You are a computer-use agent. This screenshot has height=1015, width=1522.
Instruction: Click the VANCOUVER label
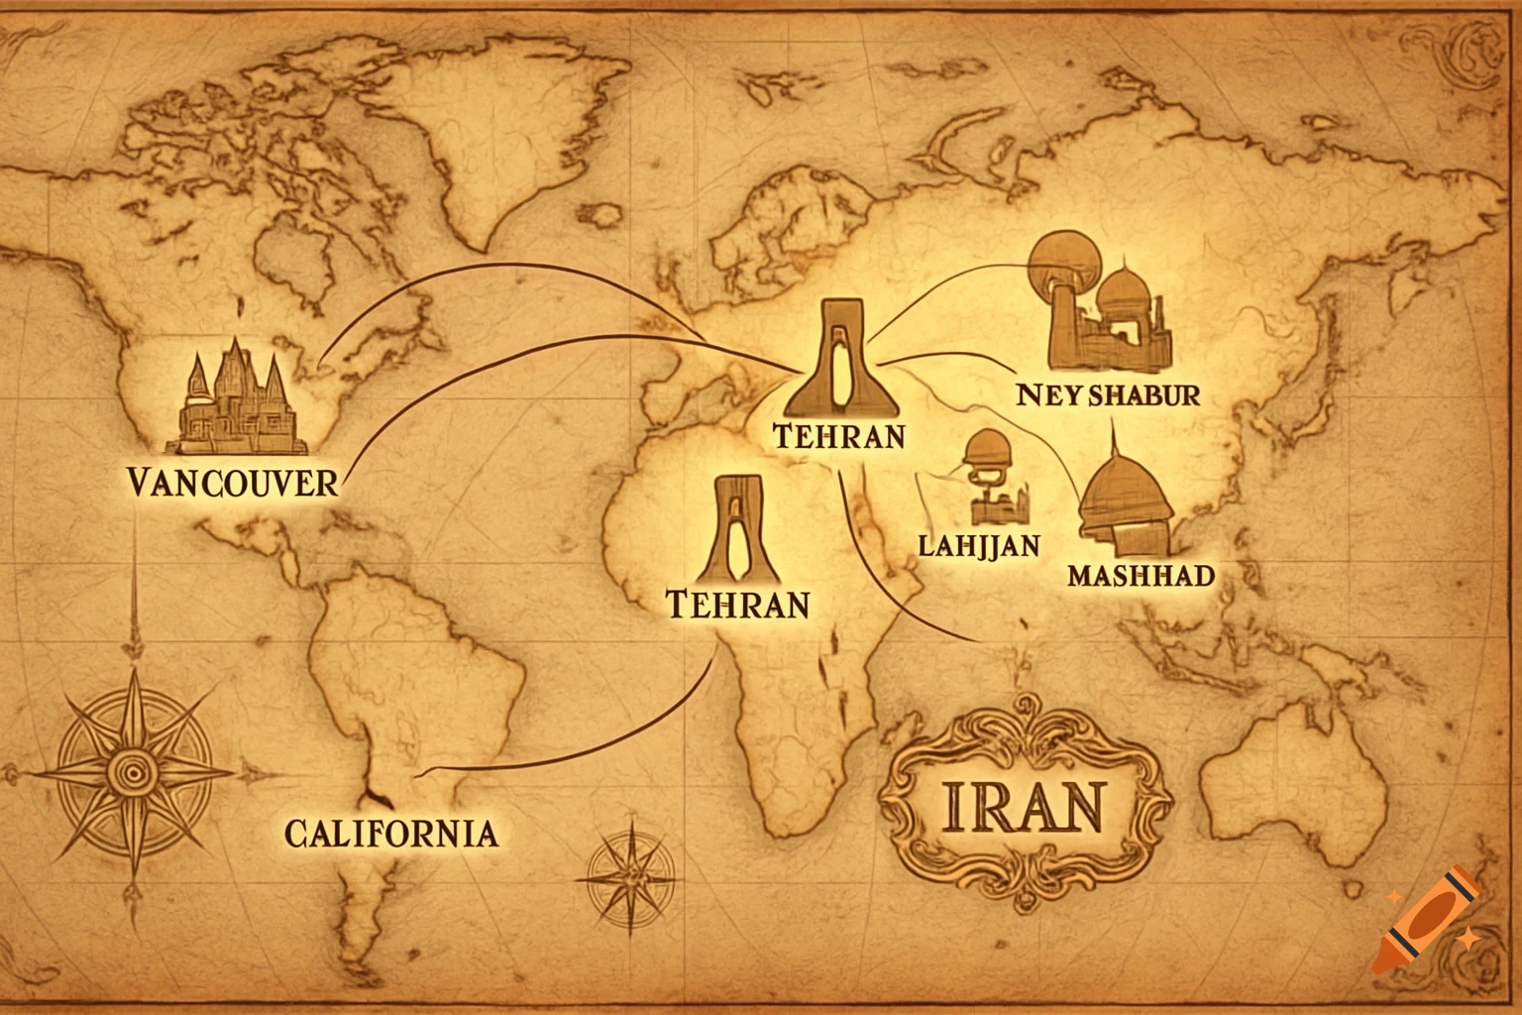(233, 483)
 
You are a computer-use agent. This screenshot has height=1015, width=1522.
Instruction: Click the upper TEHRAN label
(837, 436)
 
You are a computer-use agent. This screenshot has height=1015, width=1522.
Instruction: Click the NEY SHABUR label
(1108, 395)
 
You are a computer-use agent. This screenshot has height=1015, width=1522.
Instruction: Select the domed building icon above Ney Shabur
(1105, 302)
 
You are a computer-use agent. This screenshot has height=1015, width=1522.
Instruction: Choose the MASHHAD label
(1141, 575)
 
